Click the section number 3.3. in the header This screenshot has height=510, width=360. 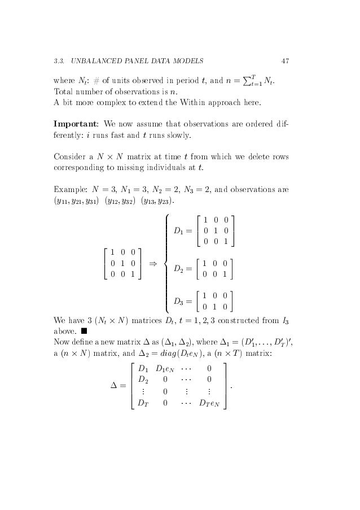point(59,60)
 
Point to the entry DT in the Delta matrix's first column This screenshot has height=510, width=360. point(145,403)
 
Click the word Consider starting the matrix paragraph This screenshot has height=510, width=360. point(71,156)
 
